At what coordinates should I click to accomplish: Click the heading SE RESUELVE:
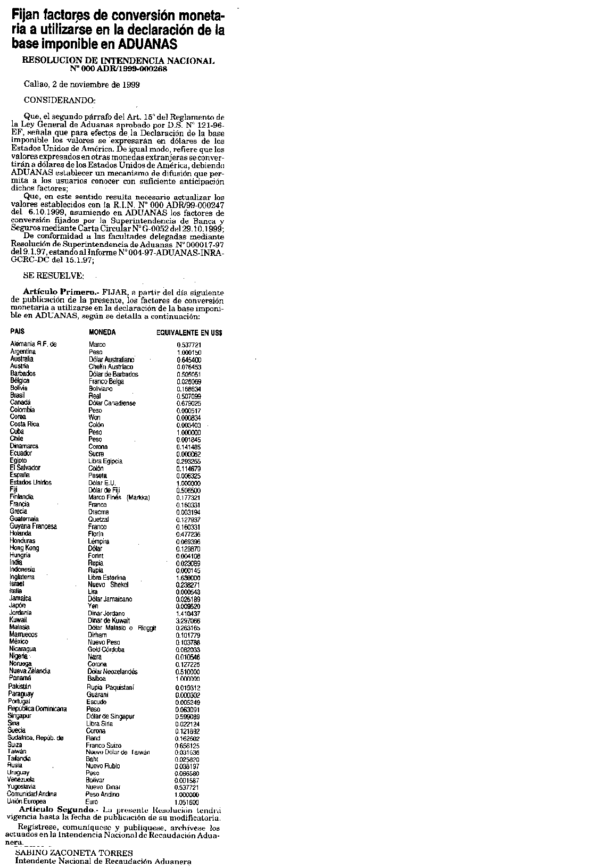pyautogui.click(x=57, y=276)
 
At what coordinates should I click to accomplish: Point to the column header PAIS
pyautogui.click(x=18, y=332)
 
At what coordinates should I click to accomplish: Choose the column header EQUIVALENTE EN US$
pyautogui.click(x=189, y=333)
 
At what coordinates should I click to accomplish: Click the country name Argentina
pyautogui.click(x=23, y=352)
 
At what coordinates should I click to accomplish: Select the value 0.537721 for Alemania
pyautogui.click(x=189, y=345)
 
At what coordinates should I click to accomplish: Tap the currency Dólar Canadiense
pyautogui.click(x=112, y=403)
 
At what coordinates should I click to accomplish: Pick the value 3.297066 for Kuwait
pyautogui.click(x=188, y=621)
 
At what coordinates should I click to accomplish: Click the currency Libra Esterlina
pyautogui.click(x=107, y=578)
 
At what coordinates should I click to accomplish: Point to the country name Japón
pyautogui.click(x=17, y=605)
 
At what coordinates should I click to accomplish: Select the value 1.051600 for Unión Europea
pyautogui.click(x=188, y=803)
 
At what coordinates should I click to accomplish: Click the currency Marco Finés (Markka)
pyautogui.click(x=119, y=497)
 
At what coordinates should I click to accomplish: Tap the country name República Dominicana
pyautogui.click(x=37, y=709)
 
